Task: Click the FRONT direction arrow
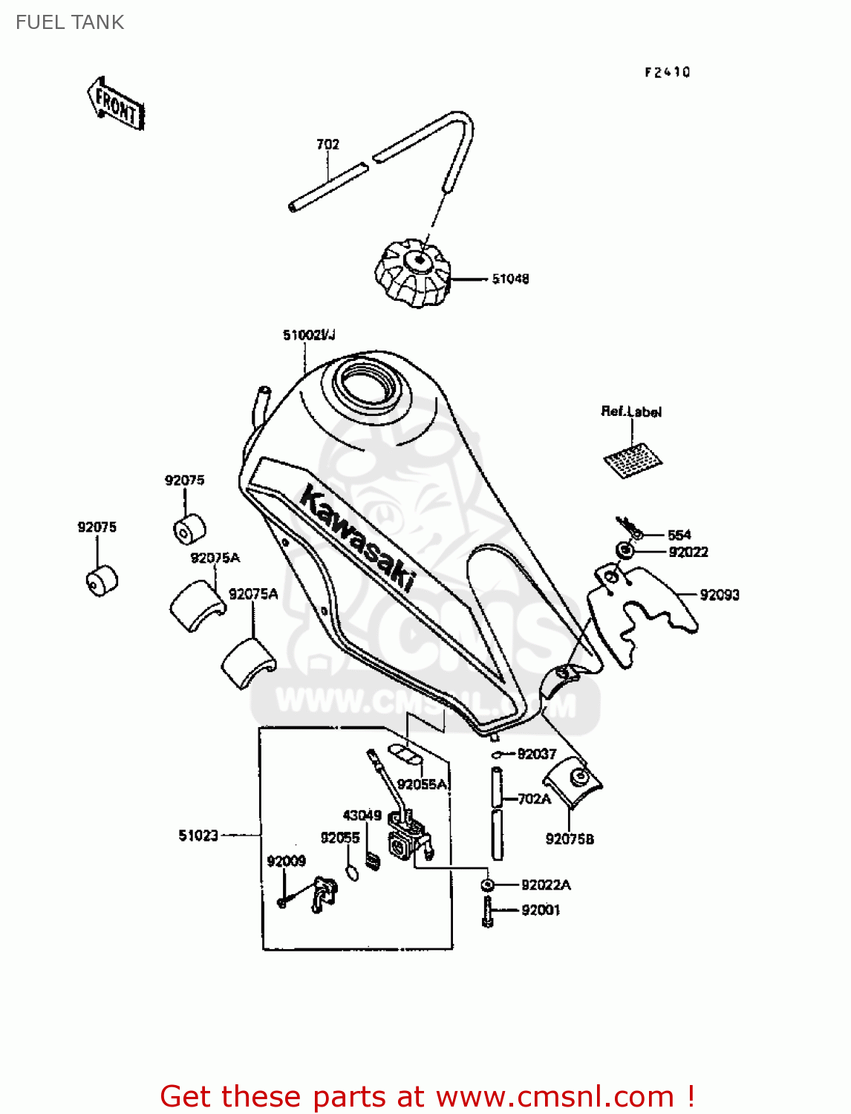coord(116,104)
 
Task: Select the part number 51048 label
coord(510,279)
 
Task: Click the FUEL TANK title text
coord(70,22)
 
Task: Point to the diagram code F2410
coord(667,72)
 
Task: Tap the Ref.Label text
coord(631,411)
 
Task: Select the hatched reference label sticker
coord(633,460)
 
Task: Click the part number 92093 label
coord(719,595)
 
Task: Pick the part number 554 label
coord(679,535)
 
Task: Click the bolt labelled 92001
coord(487,911)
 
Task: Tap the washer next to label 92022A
coord(487,885)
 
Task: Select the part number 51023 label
coord(198,835)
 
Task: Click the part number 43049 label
coord(362,815)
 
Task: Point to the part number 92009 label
coord(287,861)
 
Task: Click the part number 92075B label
coord(570,839)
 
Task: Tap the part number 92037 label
coord(536,755)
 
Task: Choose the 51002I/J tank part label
coord(309,335)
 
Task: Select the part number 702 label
coord(327,144)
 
